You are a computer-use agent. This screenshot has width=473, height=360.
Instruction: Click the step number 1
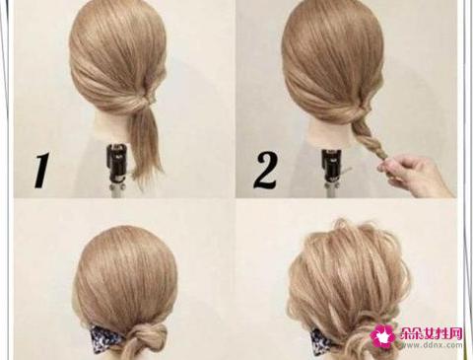pos(42,170)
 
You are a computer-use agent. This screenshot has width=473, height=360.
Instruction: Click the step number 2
pos(265,170)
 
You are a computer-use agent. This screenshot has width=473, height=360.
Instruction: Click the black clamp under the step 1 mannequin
pos(116,163)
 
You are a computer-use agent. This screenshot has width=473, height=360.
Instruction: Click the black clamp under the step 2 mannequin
pos(332,166)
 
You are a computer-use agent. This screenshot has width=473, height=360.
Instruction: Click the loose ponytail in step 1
pos(146,145)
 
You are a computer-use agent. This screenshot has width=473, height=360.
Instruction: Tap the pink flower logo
pos(383,336)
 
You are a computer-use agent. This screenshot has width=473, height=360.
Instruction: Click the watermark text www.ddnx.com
pos(432,345)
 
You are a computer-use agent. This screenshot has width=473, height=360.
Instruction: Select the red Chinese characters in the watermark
pos(432,333)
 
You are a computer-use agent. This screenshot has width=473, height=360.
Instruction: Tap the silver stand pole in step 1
pos(117,190)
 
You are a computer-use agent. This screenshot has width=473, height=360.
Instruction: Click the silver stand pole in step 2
pos(332,190)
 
